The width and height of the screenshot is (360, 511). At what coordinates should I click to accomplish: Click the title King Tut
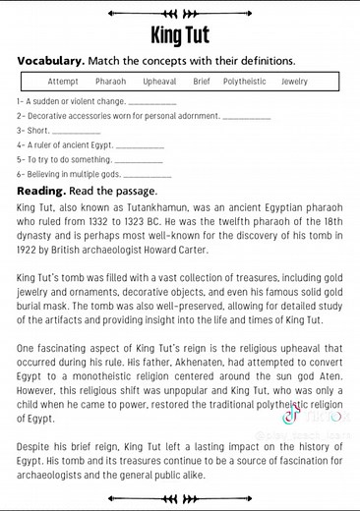pyautogui.click(x=179, y=36)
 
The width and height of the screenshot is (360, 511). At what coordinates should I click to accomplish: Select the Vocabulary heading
pyautogui.click(x=50, y=61)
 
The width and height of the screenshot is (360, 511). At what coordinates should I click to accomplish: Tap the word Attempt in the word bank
pyautogui.click(x=63, y=82)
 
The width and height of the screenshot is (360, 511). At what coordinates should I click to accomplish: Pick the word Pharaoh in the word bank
pyautogui.click(x=110, y=82)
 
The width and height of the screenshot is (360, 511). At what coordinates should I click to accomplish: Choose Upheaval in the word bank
pyautogui.click(x=159, y=82)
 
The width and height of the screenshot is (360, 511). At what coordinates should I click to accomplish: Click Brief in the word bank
pyautogui.click(x=202, y=82)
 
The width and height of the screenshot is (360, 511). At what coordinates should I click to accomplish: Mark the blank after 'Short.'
pyautogui.click(x=77, y=131)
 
